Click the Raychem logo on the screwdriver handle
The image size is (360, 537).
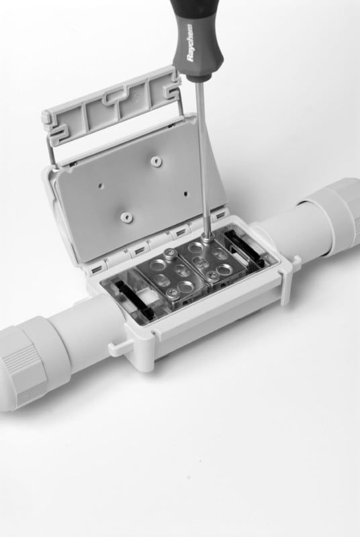click(191, 42)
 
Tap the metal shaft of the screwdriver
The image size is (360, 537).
click(203, 158)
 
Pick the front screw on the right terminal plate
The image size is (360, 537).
click(212, 275)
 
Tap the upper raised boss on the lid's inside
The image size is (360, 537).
click(156, 160)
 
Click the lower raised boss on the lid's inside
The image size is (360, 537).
click(126, 216)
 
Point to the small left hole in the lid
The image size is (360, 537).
click(101, 185)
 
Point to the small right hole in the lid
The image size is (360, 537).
click(186, 193)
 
